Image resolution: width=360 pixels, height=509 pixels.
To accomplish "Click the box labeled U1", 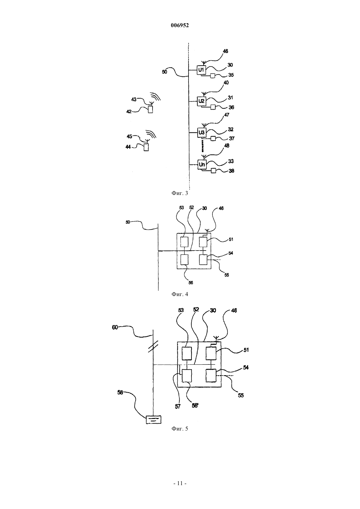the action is pos(201,70).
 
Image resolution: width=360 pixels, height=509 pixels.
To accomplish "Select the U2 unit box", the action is pos(201,101).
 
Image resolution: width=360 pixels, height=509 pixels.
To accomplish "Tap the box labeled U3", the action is pos(201,132).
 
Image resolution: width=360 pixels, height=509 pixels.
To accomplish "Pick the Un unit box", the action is pos(202,164).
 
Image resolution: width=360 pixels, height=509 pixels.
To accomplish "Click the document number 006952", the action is pos(180,26).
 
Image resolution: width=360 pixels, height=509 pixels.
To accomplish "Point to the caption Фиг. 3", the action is pos(180,193).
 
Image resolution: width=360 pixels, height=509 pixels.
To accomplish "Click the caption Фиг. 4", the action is pos(180,294).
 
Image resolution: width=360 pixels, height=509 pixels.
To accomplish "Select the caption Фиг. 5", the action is pos(180,429).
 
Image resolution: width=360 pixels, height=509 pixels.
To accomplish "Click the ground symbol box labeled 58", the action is pos(153,419).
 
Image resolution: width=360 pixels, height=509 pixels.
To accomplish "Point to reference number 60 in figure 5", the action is pos(115,327).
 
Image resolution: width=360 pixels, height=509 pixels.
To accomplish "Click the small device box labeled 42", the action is pos(150,110).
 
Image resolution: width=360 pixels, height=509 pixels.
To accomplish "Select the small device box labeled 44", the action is pos(146,147).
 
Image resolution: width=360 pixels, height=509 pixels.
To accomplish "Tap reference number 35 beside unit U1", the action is pos(231,75).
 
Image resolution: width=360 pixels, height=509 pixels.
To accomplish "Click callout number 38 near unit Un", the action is pos(231,171).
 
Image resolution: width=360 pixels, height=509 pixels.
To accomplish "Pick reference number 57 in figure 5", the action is pos(177,407).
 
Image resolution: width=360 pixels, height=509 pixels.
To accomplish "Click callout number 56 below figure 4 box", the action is pos(191,282).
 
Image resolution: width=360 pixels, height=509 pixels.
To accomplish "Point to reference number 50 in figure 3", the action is pos(164,72).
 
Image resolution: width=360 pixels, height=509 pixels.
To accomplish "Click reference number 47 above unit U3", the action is pos(226,115).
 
